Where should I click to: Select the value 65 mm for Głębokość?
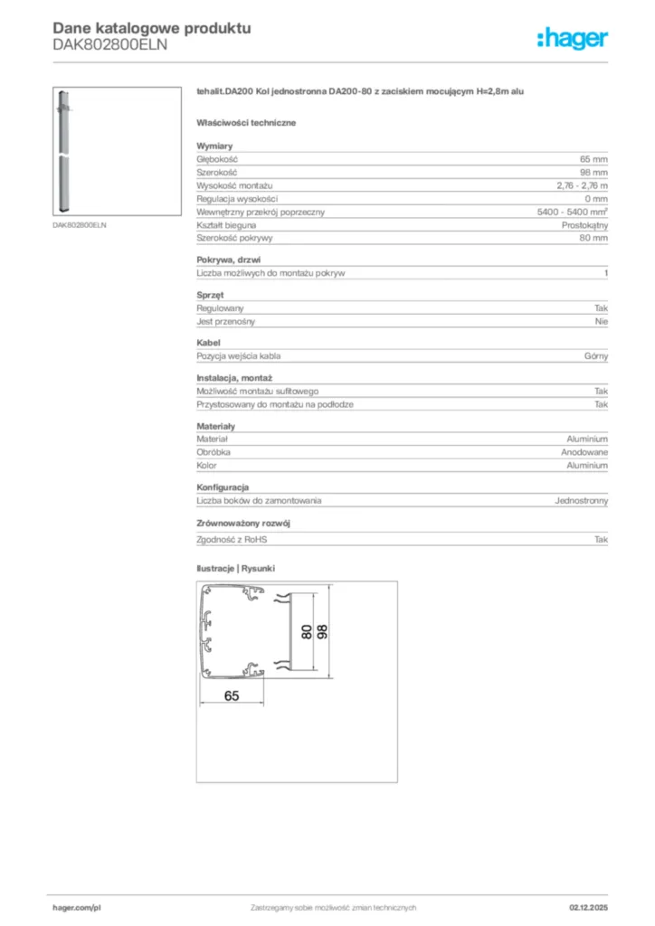coord(594,159)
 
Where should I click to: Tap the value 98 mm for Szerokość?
coord(594,172)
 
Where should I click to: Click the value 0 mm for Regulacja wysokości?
coord(596,198)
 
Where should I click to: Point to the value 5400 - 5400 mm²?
coord(572,212)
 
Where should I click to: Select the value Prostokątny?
coord(584,224)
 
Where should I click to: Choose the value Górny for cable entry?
coord(596,356)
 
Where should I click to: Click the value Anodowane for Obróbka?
coord(583,452)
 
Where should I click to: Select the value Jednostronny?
coord(581,500)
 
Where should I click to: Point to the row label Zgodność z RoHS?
coord(233,539)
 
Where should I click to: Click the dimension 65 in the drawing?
coord(232,695)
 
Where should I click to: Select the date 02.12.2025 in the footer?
coord(589,907)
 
